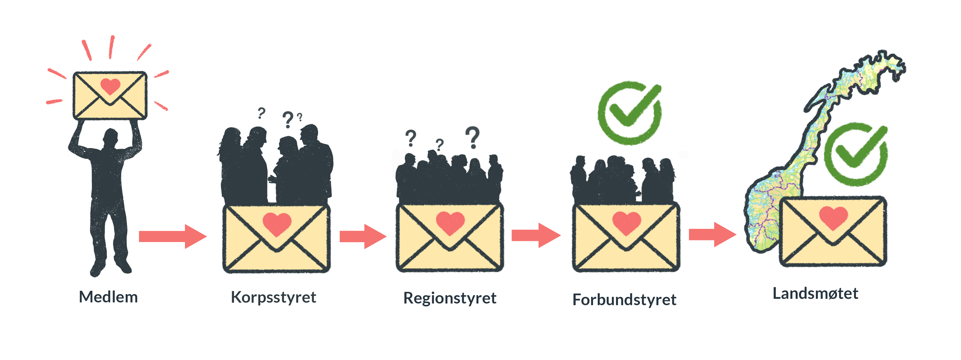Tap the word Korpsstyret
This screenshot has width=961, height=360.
coord(274,297)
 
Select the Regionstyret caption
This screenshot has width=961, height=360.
coord(450,298)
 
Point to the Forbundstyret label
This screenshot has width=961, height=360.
coord(624,300)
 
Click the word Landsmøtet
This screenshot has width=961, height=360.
coord(815,294)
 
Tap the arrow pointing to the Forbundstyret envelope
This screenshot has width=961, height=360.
coord(536,235)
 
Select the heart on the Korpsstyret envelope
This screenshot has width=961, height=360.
coord(277,223)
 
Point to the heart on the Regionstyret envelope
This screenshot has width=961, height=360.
coord(450,222)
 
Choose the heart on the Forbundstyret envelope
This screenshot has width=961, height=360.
coord(627,222)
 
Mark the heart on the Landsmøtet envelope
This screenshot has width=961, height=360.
coord(833,217)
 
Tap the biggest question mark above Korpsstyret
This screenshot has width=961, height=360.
coord(288,119)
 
